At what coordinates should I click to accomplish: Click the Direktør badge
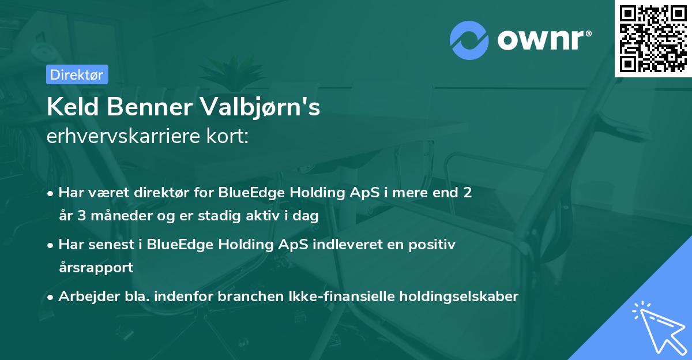pos(76,74)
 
